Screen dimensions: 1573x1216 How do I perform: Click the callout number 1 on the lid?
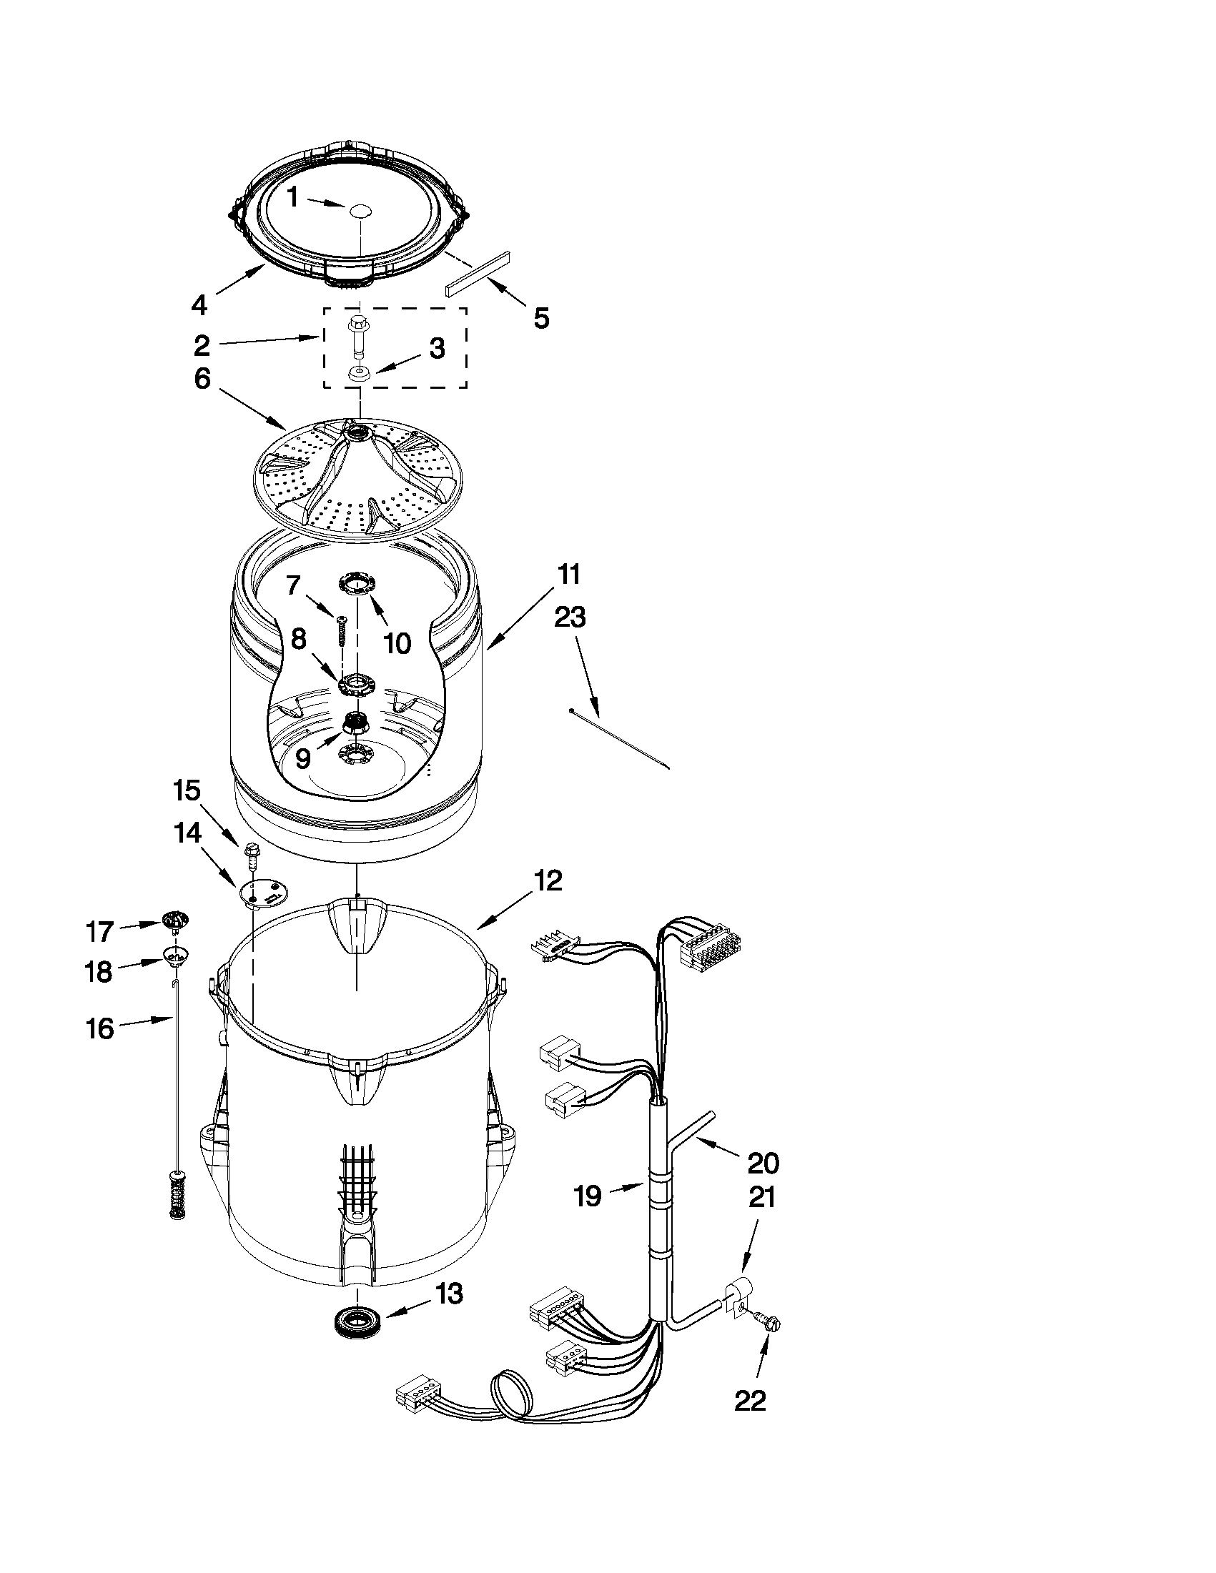(x=293, y=197)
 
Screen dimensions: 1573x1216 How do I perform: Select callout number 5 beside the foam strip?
(x=541, y=317)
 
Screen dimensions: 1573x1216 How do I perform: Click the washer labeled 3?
(x=358, y=374)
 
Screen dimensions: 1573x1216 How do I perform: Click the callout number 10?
(x=397, y=642)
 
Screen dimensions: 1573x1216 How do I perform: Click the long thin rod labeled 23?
(x=619, y=738)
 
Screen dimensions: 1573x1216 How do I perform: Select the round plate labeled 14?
(x=263, y=893)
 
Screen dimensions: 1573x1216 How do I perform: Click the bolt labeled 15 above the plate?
(x=252, y=850)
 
